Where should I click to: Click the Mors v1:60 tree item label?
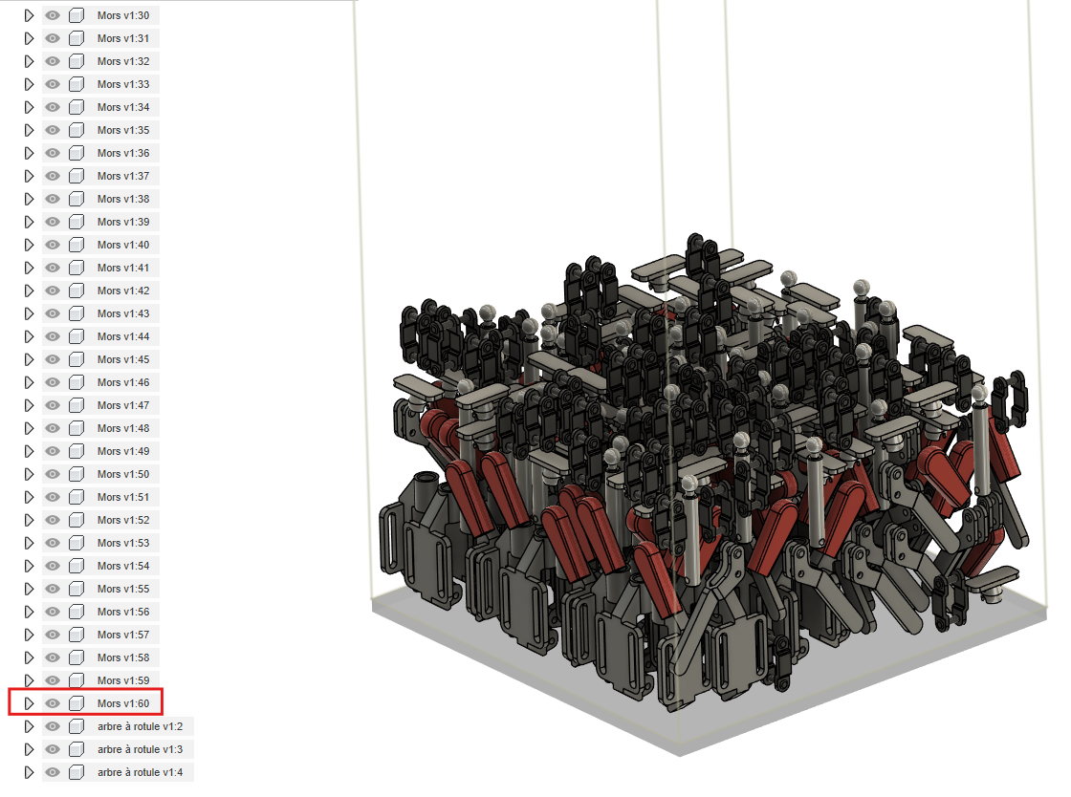[x=123, y=703]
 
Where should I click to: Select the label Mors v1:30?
[x=123, y=15]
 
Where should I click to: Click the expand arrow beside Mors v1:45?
[x=29, y=359]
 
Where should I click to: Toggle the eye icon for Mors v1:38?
[x=53, y=199]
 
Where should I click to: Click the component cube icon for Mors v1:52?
[x=76, y=520]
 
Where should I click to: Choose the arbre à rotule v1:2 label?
[x=140, y=726]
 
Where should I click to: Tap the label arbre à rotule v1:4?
[x=140, y=772]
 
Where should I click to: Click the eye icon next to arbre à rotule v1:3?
[x=53, y=749]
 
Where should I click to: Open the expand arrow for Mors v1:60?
[x=29, y=703]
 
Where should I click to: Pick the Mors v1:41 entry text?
[x=123, y=268]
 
